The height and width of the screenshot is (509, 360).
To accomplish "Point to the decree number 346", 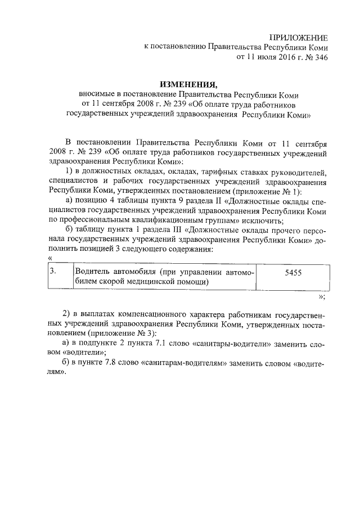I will [320, 57].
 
